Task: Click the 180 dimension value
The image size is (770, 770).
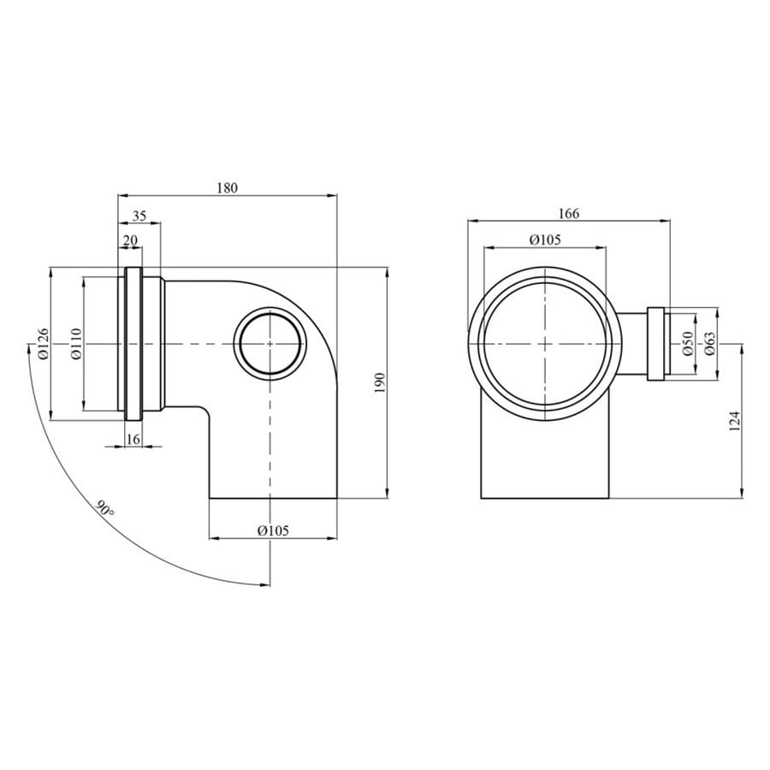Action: (227, 187)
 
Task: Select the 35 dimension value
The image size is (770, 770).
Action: (139, 216)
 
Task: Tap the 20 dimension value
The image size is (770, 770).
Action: (130, 241)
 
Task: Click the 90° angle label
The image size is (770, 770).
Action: (105, 511)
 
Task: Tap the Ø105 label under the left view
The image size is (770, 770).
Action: (273, 530)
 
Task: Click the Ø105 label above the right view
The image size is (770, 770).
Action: (545, 240)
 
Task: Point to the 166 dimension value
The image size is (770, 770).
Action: (568, 214)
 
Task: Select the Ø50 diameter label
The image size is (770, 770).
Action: (687, 344)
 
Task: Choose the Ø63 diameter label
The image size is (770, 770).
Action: (709, 344)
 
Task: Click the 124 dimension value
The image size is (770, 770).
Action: (734, 421)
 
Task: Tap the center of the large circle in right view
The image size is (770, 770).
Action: (545, 343)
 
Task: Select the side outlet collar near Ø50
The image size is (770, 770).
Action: (658, 343)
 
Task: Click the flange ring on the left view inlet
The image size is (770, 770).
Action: (134, 343)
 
